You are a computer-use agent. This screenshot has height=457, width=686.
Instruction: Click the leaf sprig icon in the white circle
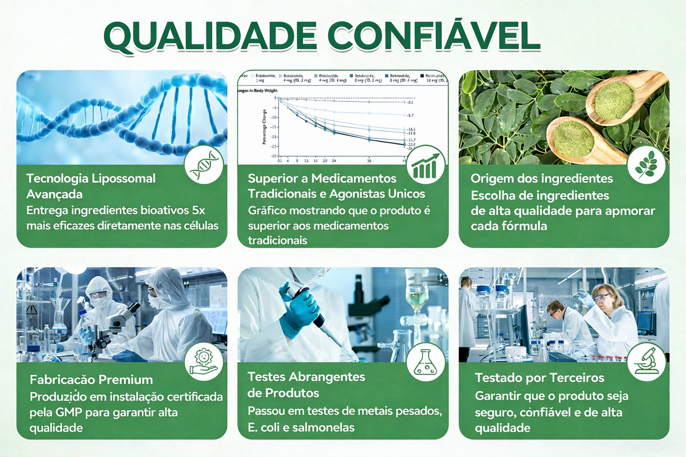[x=646, y=165]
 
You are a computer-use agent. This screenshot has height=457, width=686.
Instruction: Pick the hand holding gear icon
[x=204, y=362]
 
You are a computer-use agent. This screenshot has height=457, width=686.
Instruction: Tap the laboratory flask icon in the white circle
[x=425, y=362]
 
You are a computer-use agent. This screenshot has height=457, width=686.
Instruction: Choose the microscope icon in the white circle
[x=646, y=362]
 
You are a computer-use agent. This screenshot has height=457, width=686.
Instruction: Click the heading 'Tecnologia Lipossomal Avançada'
[x=91, y=186]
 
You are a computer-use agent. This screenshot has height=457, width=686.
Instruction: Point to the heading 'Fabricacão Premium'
[x=91, y=380]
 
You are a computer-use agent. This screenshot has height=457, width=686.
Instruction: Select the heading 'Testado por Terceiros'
[x=539, y=378]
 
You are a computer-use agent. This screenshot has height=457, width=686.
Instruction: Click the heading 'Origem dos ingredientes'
[x=542, y=178]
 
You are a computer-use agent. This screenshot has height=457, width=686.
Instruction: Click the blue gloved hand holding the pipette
[x=299, y=313]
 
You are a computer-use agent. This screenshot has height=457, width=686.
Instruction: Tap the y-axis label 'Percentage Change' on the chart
[x=264, y=127]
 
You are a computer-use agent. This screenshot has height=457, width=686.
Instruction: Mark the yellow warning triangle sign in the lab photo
[x=31, y=310]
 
